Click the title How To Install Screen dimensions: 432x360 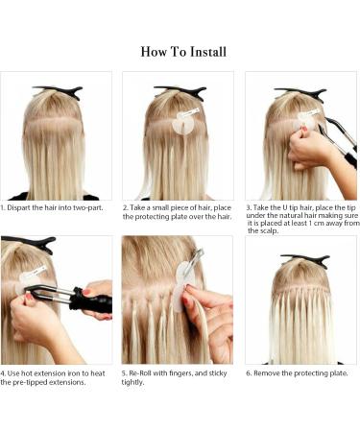183,51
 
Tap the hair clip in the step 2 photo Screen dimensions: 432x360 180,92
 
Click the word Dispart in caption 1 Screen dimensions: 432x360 21,206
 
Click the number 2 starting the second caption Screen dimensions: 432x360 125,206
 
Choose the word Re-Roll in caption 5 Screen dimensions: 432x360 144,372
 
